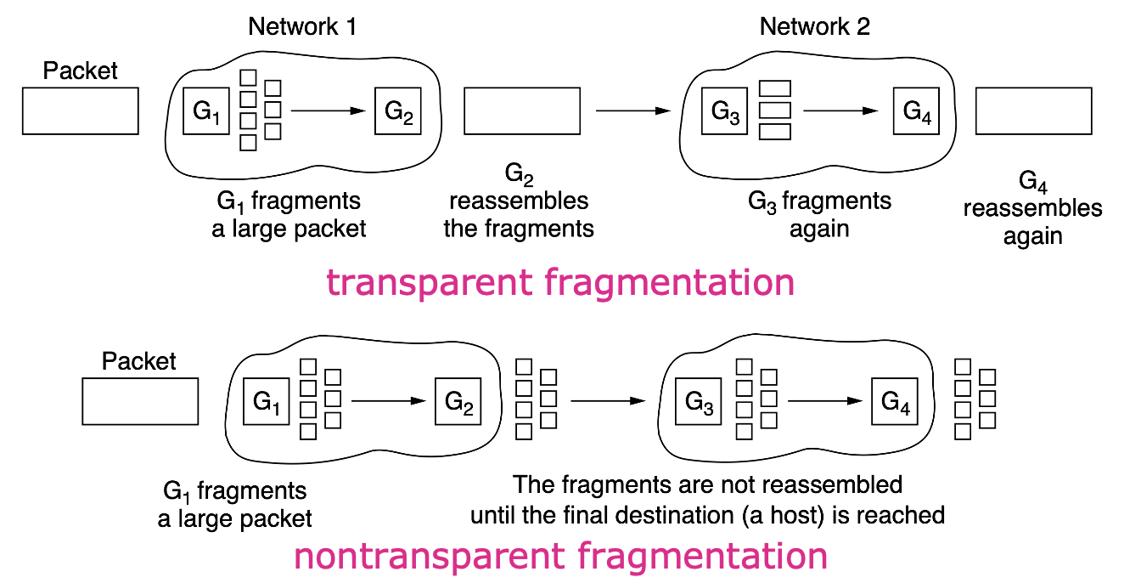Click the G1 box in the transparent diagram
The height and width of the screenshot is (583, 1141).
coord(207,110)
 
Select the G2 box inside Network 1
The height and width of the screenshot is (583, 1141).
coord(398,110)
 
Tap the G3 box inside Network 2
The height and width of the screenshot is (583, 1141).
coord(724,110)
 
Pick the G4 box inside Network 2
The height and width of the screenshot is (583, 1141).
coord(916,110)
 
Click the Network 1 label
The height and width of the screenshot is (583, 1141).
coord(302,26)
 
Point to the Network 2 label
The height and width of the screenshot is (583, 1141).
coord(815,26)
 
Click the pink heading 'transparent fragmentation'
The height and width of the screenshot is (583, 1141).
coord(560,283)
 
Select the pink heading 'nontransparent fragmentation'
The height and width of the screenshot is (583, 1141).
coord(560,557)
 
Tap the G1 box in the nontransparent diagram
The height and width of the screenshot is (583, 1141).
coord(267,401)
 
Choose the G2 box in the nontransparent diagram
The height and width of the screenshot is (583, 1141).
coord(458,401)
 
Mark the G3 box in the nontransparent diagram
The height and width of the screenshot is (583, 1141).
coord(700,401)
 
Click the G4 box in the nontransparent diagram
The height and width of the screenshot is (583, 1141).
coord(895,401)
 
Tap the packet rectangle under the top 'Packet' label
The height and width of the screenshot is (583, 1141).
coord(81,110)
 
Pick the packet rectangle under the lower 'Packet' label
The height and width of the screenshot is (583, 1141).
coord(140,401)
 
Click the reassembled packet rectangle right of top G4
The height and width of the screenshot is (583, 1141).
coord(1033,110)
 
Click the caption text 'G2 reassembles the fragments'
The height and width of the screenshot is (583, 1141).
coord(519,202)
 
